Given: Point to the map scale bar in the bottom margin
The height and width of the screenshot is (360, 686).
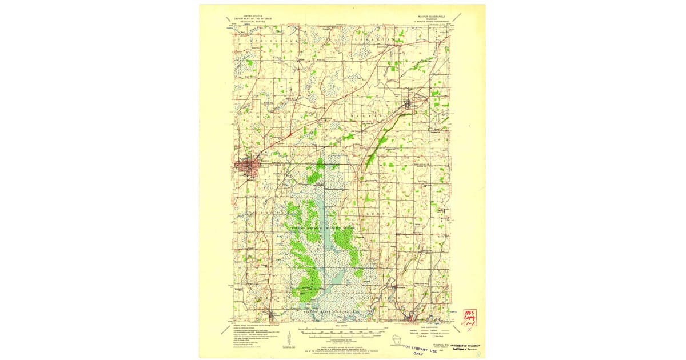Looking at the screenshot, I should tap(343, 331).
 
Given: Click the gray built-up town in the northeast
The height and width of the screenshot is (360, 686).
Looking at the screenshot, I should tap(409, 104).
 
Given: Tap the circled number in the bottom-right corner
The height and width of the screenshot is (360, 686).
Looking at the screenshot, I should tap(477, 354).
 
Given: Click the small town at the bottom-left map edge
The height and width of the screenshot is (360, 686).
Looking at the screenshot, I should tap(270, 314).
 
